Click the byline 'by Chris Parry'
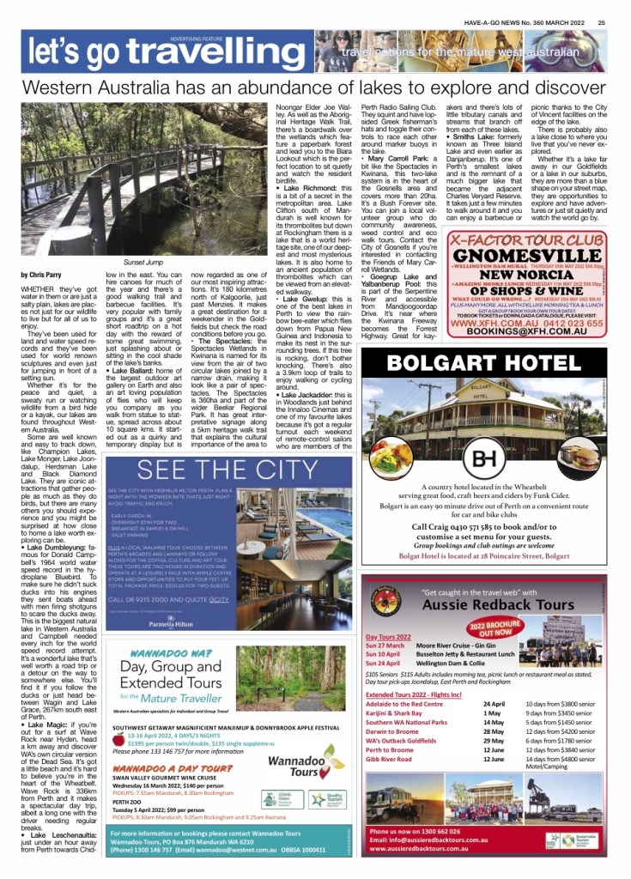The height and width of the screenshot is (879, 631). (41, 275)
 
